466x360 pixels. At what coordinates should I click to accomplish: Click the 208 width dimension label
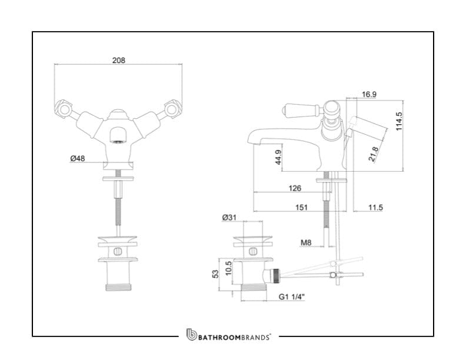pos(118,60)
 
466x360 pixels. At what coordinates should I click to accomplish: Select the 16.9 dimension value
pos(370,94)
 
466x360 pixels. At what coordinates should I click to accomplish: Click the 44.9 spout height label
pos(279,158)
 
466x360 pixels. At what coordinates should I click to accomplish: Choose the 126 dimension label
pos(295,188)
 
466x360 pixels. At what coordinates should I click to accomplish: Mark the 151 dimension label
pos(301,207)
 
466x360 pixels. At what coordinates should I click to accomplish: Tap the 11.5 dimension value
pos(376,207)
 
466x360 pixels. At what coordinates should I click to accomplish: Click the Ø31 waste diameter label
pos(229,218)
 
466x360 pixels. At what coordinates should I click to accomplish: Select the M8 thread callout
pos(306,242)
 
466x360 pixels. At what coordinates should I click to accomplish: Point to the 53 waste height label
pos(216,274)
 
